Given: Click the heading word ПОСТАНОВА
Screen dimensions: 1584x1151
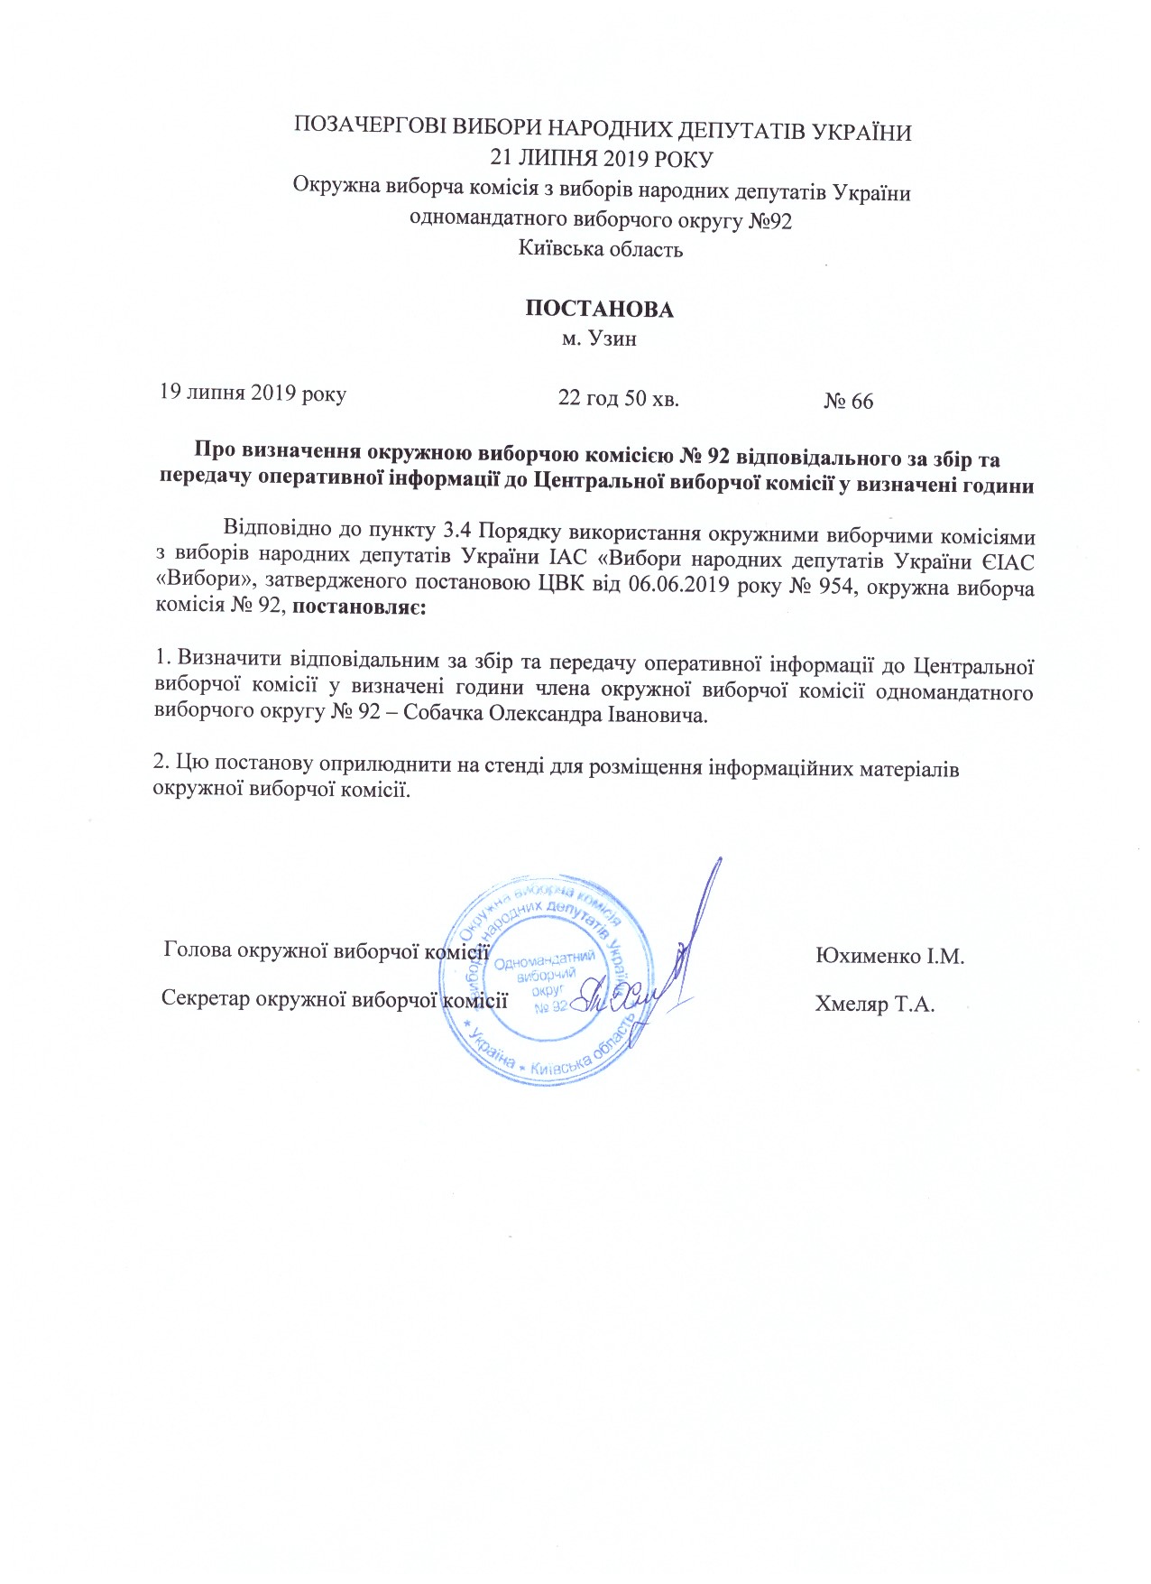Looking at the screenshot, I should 599,310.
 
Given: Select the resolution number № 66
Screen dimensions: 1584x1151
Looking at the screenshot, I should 848,402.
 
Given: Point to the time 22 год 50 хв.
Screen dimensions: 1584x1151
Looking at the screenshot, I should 618,398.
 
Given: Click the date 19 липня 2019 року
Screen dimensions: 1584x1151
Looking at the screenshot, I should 253,394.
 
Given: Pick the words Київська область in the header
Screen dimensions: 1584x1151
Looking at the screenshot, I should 600,249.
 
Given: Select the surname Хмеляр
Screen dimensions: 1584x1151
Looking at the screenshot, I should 851,1004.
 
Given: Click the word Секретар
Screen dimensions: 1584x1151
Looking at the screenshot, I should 206,999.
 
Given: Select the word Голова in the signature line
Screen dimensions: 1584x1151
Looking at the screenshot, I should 196,950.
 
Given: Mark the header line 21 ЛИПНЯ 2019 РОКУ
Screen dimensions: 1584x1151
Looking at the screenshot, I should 601,160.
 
